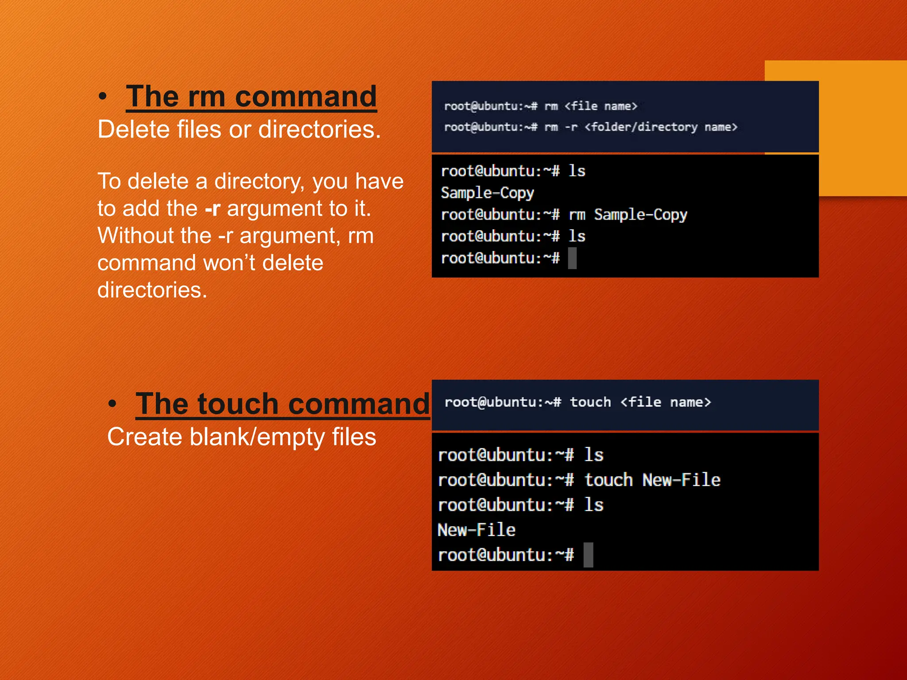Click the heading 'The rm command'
pyautogui.click(x=251, y=96)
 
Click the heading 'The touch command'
pyautogui.click(x=283, y=403)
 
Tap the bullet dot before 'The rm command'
pyautogui.click(x=103, y=97)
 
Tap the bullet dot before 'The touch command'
pyautogui.click(x=112, y=404)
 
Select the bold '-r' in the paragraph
pyautogui.click(x=213, y=209)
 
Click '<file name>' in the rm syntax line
pyautogui.click(x=601, y=106)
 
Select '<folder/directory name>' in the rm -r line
pyautogui.click(x=661, y=127)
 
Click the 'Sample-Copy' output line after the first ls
pyautogui.click(x=487, y=193)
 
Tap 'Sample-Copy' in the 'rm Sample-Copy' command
pyautogui.click(x=640, y=215)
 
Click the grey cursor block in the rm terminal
pyautogui.click(x=572, y=258)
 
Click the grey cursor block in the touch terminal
pyautogui.click(x=588, y=555)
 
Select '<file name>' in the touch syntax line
pyautogui.click(x=665, y=402)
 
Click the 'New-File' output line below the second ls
pyautogui.click(x=477, y=530)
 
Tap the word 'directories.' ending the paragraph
pyautogui.click(x=152, y=290)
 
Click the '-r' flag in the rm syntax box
pyautogui.click(x=571, y=127)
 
